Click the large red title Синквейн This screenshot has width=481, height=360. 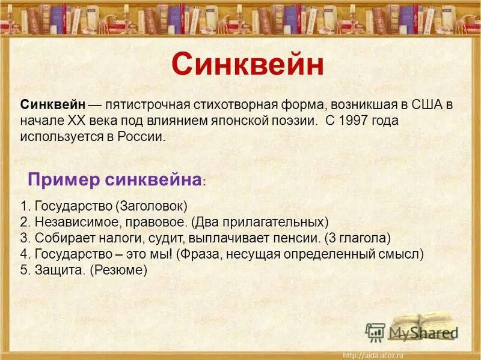pos(248,64)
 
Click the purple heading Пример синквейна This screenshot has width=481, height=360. pos(114,179)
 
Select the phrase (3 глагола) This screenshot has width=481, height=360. pos(359,238)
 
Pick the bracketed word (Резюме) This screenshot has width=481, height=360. pos(118,270)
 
